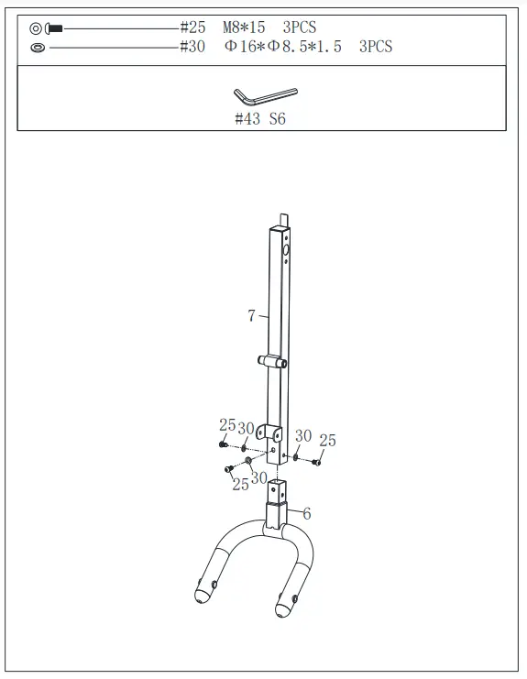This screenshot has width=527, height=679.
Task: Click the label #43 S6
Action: (x=260, y=119)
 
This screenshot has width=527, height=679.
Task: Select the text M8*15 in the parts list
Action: (x=244, y=28)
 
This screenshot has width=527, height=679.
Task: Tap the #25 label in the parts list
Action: (x=192, y=28)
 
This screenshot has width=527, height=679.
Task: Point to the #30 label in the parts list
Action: (x=192, y=46)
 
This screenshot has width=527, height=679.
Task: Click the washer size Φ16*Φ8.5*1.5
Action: (x=282, y=46)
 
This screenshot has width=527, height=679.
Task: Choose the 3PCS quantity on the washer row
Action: (x=376, y=46)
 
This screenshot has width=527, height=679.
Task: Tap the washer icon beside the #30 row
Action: (x=37, y=47)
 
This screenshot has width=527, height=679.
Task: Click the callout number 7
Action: (x=251, y=316)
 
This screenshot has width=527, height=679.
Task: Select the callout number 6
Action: (x=306, y=514)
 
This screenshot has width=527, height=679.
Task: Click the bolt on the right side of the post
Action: (x=317, y=462)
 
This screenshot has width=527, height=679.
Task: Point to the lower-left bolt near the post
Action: (x=227, y=470)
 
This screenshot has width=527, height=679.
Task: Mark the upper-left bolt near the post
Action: (x=223, y=444)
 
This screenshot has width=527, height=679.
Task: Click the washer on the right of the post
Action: (x=295, y=454)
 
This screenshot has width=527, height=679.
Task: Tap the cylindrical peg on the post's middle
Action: (x=268, y=361)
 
